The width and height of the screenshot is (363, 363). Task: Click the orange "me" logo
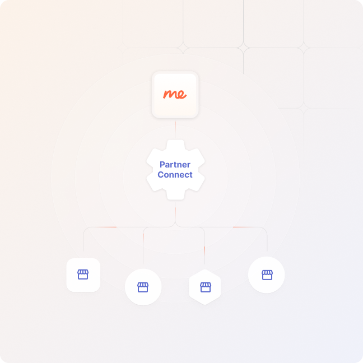(x=175, y=94)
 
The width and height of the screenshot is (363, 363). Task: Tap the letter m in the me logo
(x=170, y=94)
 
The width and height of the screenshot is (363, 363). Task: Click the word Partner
(x=175, y=165)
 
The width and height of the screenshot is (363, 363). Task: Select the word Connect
(x=175, y=175)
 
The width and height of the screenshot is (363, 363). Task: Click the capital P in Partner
(x=162, y=165)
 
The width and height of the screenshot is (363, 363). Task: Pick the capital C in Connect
(x=161, y=175)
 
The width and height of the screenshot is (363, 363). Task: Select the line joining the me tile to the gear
(x=175, y=128)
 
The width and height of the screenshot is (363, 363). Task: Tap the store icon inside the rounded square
(x=83, y=274)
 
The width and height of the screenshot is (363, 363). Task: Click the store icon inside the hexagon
(x=205, y=287)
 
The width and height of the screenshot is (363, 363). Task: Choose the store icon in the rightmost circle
(x=267, y=274)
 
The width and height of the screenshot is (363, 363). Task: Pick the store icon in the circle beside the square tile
(x=143, y=287)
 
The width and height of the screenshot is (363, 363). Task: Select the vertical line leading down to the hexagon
(x=204, y=249)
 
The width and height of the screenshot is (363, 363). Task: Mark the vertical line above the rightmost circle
(x=267, y=241)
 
